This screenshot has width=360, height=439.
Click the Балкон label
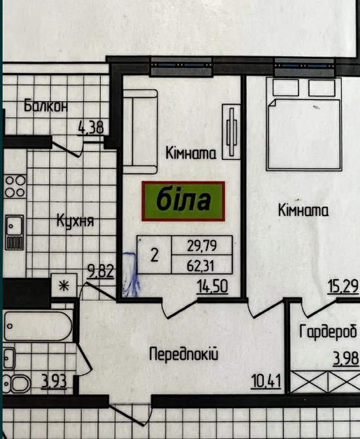tap(45, 106)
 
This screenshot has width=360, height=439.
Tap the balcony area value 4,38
tap(90, 127)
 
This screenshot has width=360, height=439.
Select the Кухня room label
tap(75, 221)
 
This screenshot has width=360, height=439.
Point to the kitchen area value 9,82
tap(101, 269)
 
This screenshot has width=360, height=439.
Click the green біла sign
tap(183, 200)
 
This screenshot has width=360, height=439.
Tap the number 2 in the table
tap(154, 256)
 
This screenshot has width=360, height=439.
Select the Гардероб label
tap(328, 332)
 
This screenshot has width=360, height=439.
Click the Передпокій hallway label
tap(183, 355)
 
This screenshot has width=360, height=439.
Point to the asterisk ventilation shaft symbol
tap(64, 285)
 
